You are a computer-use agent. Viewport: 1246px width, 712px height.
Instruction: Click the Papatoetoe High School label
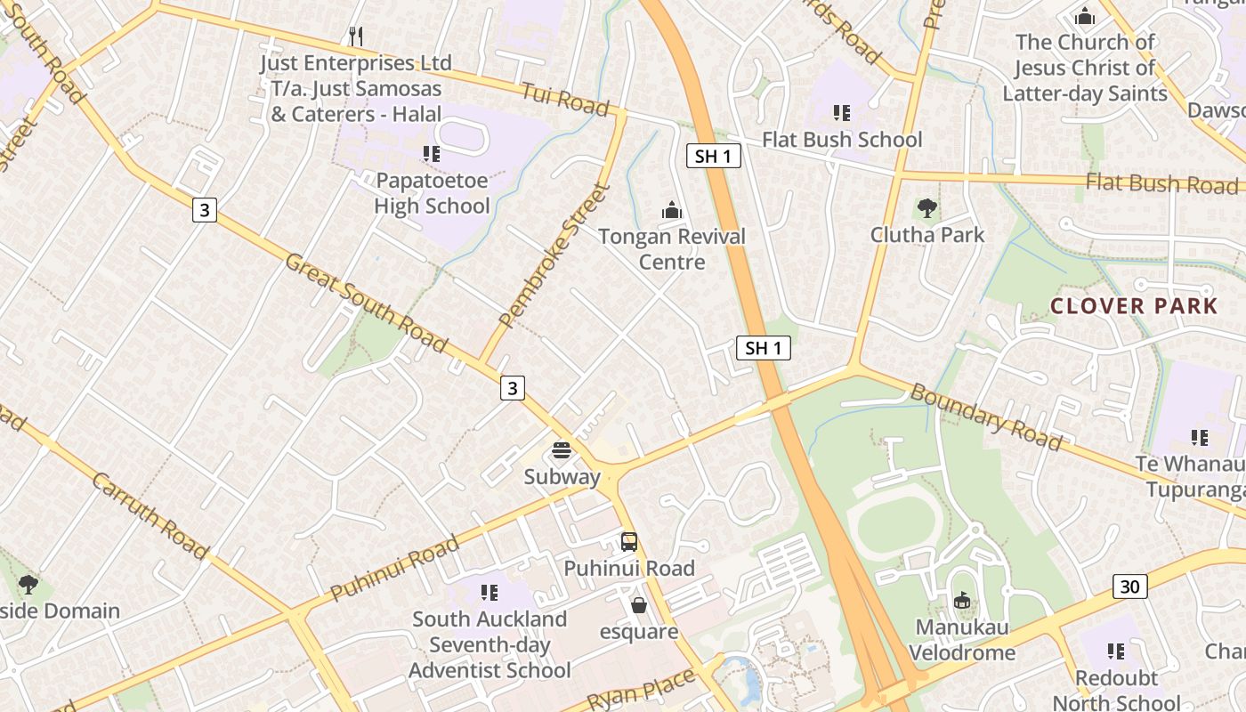tap(432, 193)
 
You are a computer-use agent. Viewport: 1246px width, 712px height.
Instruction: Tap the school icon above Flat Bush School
tap(842, 113)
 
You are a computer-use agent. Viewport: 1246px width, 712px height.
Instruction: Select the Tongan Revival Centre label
tap(672, 249)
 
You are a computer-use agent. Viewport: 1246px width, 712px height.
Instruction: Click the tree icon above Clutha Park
tap(927, 209)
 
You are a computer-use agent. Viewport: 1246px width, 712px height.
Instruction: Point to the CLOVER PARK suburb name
tap(1134, 306)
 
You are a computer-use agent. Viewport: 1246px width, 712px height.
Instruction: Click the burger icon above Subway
tap(562, 451)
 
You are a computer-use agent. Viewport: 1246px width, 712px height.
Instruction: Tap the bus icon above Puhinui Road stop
tap(629, 542)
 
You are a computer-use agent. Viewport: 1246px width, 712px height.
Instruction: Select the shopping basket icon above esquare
tap(638, 606)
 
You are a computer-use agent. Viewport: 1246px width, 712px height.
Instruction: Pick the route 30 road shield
tap(1129, 587)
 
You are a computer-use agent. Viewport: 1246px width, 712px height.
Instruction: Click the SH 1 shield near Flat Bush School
tap(714, 157)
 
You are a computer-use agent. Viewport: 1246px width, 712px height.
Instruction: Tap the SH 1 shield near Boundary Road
tap(764, 348)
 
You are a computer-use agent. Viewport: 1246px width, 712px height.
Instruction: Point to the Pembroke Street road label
tap(554, 255)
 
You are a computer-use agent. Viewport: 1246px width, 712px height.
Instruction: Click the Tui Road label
tap(564, 100)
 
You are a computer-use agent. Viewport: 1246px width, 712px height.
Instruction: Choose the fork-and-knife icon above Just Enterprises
tap(355, 36)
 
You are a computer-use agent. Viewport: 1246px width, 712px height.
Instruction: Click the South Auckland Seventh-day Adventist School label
tap(489, 644)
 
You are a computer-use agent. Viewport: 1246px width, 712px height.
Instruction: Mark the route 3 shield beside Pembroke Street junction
tap(512, 387)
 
